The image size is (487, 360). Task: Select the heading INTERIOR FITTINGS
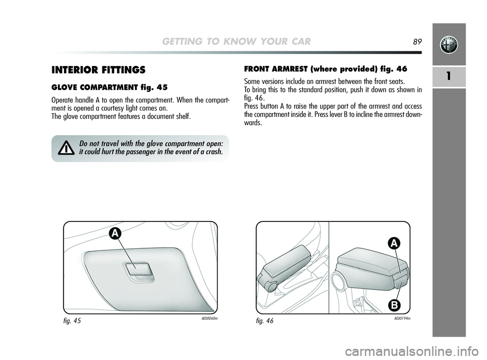tap(98, 70)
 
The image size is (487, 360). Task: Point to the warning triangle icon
tap(66, 148)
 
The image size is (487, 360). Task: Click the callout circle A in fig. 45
tap(115, 234)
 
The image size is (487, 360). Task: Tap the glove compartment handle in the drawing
tap(138, 269)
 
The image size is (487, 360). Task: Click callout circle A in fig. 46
tap(394, 244)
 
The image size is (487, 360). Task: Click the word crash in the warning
tap(214, 152)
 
